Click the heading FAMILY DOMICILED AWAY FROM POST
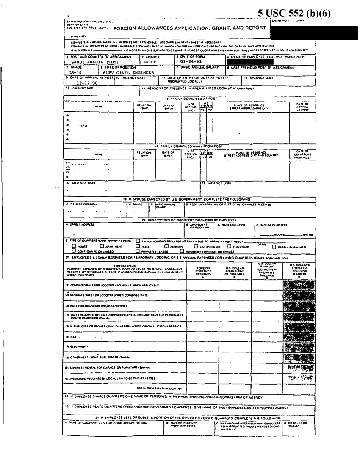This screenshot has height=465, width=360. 188,145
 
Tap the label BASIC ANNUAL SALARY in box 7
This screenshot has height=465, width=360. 197,67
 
